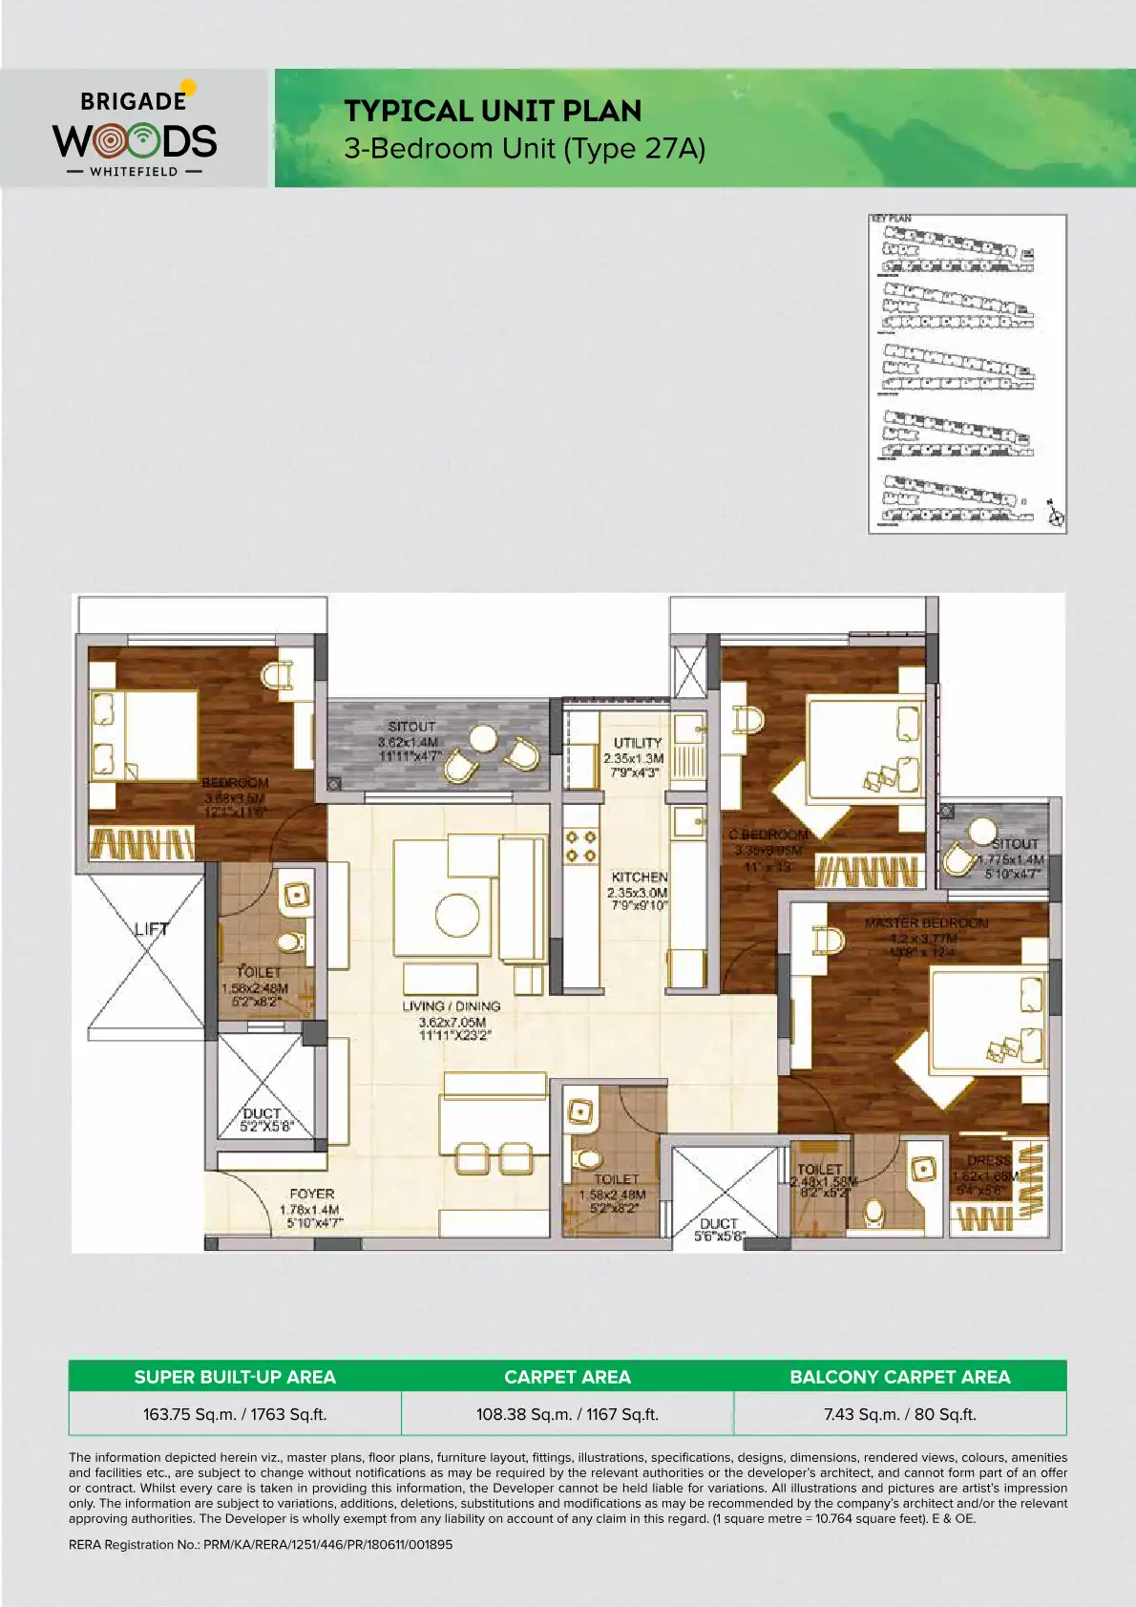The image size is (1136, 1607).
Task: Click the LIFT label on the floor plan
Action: pyautogui.click(x=151, y=928)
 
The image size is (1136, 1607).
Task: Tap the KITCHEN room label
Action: pyautogui.click(x=639, y=877)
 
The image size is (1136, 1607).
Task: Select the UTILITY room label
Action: pyautogui.click(x=638, y=743)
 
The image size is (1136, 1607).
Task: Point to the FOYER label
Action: pyautogui.click(x=312, y=1194)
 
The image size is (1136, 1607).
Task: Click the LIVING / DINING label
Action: pyautogui.click(x=452, y=1006)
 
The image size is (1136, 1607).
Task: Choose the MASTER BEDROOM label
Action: pyautogui.click(x=926, y=923)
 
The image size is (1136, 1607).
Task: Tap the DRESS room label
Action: pyautogui.click(x=988, y=1161)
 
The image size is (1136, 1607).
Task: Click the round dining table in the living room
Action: pyautogui.click(x=457, y=915)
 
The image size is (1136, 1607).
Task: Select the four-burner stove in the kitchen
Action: pyautogui.click(x=580, y=846)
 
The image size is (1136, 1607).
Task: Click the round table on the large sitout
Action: pyautogui.click(x=484, y=739)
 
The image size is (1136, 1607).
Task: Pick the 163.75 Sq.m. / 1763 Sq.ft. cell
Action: pyautogui.click(x=235, y=1414)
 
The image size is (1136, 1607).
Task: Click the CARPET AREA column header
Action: pyautogui.click(x=567, y=1377)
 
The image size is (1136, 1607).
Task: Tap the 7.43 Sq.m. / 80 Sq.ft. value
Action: pyautogui.click(x=899, y=1414)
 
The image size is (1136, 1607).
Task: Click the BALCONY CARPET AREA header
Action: pyautogui.click(x=899, y=1377)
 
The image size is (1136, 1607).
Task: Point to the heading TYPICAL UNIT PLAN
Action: pyautogui.click(x=493, y=112)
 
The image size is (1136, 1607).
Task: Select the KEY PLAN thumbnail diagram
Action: pyautogui.click(x=967, y=373)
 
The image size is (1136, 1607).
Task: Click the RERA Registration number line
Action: pyautogui.click(x=261, y=1544)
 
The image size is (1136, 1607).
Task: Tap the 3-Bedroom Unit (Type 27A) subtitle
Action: pyautogui.click(x=524, y=149)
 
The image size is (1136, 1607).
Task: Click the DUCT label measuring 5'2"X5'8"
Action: pyautogui.click(x=262, y=1119)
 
